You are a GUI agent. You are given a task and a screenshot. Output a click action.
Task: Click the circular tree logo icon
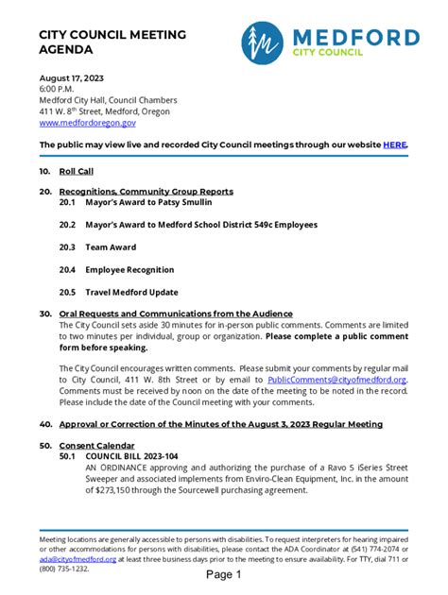tap(263, 42)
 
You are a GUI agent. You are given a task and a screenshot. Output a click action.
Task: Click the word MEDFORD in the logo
tap(354, 38)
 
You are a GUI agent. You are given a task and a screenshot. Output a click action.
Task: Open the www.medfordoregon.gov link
tap(87, 123)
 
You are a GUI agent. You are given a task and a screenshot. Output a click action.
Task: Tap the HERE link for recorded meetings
tap(395, 144)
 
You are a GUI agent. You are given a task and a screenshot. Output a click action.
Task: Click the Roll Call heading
tap(77, 172)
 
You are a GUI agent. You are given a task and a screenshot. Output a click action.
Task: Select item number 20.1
tap(67, 203)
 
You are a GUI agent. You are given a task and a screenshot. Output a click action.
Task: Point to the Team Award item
tap(111, 247)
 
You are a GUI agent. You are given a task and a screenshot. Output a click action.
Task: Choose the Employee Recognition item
tap(129, 270)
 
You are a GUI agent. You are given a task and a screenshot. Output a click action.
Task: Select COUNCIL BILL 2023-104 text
tap(131, 455)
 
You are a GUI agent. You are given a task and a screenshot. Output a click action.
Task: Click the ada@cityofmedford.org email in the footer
tap(78, 559)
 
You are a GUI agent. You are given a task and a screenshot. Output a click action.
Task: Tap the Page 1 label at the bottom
tap(225, 575)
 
